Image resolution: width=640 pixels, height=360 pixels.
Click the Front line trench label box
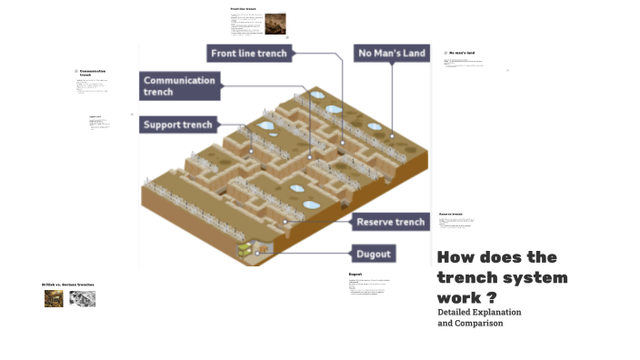pos(248,54)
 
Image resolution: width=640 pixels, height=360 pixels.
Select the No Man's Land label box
pos(392,54)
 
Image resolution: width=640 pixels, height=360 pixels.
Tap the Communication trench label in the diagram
pos(180,86)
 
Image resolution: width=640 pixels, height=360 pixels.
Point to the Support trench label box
pos(178,125)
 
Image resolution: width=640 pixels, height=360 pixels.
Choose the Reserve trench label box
pos(390,222)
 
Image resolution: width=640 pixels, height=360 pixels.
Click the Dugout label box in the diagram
pos(374,254)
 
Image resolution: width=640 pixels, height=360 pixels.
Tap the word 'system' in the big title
pos(535,277)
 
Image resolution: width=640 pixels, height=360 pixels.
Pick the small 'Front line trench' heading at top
pos(244,9)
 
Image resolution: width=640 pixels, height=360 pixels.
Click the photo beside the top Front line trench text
pos(275,24)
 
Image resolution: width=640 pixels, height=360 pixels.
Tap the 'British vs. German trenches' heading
pos(68,285)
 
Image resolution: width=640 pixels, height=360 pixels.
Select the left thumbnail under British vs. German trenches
pos(55,298)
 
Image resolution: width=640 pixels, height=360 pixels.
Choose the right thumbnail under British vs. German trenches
pos(83,298)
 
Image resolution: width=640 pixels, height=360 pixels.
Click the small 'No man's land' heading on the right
pos(463,54)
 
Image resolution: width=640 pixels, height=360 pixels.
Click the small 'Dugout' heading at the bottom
pos(355,274)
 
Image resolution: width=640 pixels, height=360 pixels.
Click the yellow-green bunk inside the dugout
pos(244,248)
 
